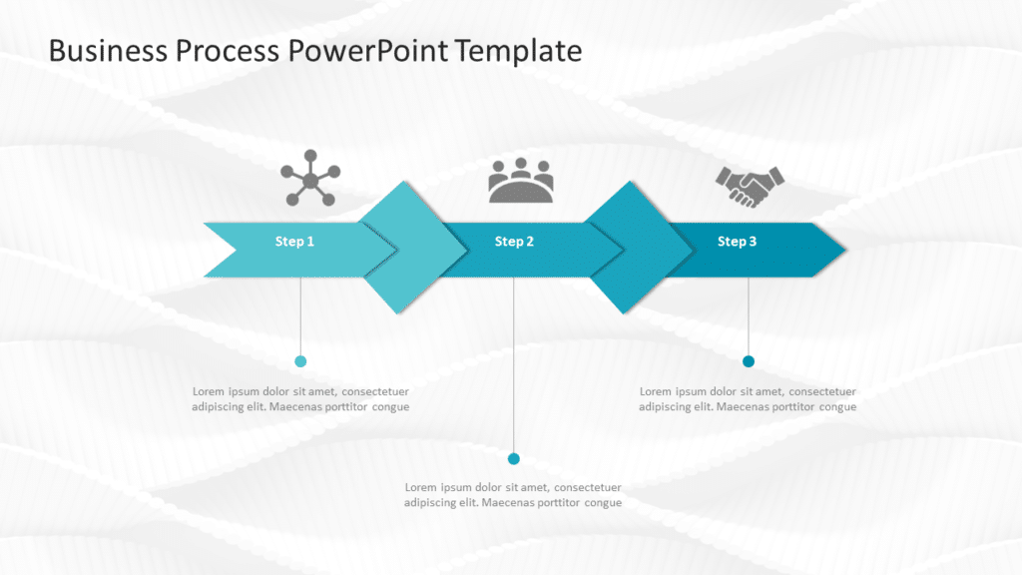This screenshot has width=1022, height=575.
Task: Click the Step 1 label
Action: tap(294, 242)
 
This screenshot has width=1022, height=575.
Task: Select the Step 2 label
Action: tap(514, 242)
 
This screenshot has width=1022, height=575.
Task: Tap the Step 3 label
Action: tap(737, 242)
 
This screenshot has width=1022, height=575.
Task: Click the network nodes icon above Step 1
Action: tap(309, 179)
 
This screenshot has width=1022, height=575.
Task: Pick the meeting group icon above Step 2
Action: tap(520, 181)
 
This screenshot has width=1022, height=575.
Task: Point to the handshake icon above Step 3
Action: tap(750, 186)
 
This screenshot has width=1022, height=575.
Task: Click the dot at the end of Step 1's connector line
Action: tap(300, 361)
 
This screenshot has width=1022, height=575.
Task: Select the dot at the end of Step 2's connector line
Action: tap(514, 459)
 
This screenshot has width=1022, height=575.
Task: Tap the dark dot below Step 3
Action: tap(749, 361)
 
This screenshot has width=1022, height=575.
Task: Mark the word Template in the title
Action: tap(519, 51)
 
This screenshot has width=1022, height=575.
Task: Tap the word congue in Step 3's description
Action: tap(838, 407)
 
